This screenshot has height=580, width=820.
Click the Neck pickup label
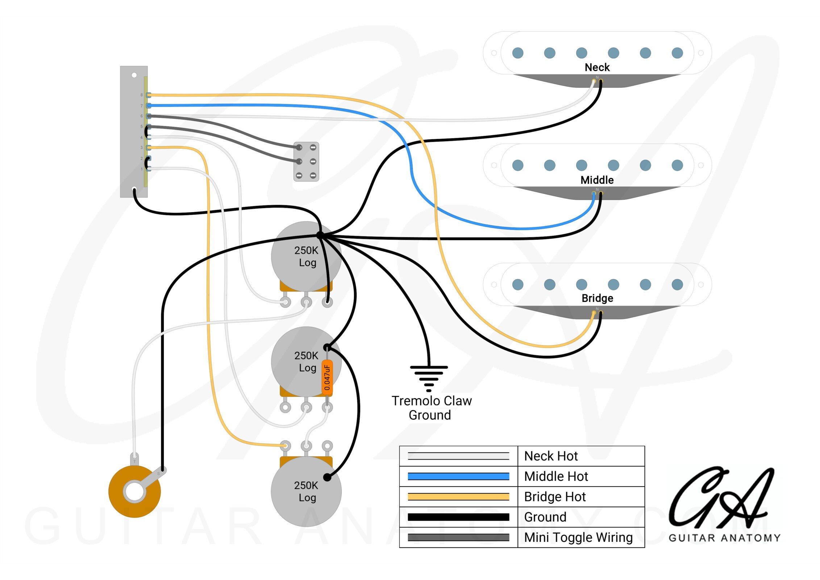click(597, 67)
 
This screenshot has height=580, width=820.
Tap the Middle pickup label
click(597, 180)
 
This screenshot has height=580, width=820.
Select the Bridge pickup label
click(597, 298)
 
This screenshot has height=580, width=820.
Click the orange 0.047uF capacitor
click(327, 377)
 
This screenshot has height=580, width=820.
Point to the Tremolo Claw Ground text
click(431, 408)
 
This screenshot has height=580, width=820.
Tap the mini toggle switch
click(306, 162)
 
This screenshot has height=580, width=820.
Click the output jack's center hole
click(134, 492)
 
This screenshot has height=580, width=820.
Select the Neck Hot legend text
click(551, 456)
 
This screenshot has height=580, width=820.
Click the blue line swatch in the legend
click(458, 476)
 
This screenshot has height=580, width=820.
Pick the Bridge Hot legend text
click(555, 497)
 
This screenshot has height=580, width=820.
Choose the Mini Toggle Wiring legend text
click(578, 537)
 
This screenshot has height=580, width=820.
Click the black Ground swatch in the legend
click(458, 517)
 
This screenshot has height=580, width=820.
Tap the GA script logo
click(719, 498)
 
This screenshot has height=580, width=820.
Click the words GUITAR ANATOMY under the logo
click(724, 538)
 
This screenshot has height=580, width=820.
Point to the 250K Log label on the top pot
click(307, 256)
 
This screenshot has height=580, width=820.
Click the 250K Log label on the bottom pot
click(307, 491)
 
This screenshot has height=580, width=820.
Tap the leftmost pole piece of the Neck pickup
click(517, 53)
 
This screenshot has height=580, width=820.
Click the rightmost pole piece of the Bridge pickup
click(677, 285)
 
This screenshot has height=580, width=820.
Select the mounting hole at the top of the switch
click(134, 75)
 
